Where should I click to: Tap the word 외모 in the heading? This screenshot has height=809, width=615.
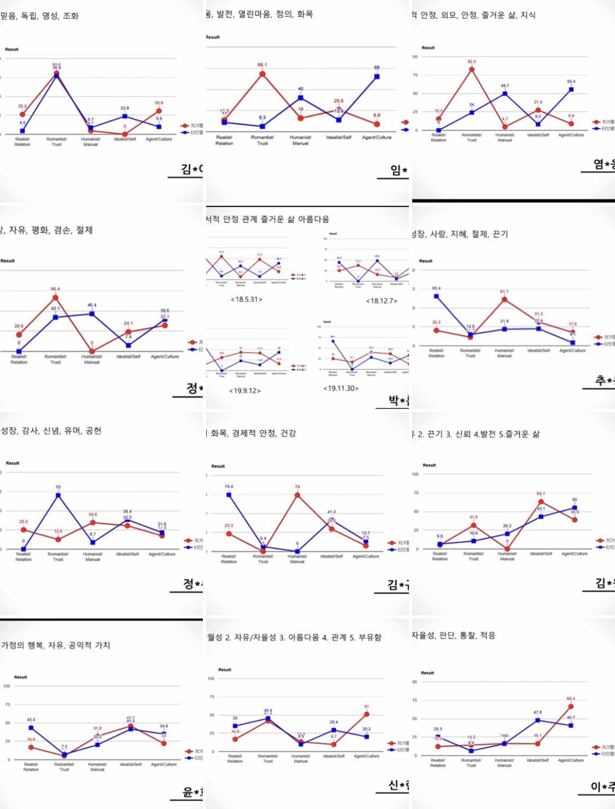[448, 15]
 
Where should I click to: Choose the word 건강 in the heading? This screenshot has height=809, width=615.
[288, 434]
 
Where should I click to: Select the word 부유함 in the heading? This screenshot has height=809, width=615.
[370, 638]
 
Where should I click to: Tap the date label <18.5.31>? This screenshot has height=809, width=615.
[246, 299]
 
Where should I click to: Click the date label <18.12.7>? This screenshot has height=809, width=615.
[382, 301]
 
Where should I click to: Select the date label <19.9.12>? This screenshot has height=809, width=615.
[244, 391]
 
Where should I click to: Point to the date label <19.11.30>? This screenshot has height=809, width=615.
[341, 388]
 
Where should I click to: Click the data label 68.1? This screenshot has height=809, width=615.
[262, 65]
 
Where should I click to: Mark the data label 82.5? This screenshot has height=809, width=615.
[472, 62]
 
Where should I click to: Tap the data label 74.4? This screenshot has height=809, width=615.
[229, 487]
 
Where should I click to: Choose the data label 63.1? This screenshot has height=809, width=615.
[541, 494]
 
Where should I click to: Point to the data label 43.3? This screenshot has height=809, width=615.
[31, 720]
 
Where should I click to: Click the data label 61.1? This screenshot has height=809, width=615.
[504, 292]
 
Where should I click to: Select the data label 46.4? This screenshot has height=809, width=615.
[92, 305]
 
